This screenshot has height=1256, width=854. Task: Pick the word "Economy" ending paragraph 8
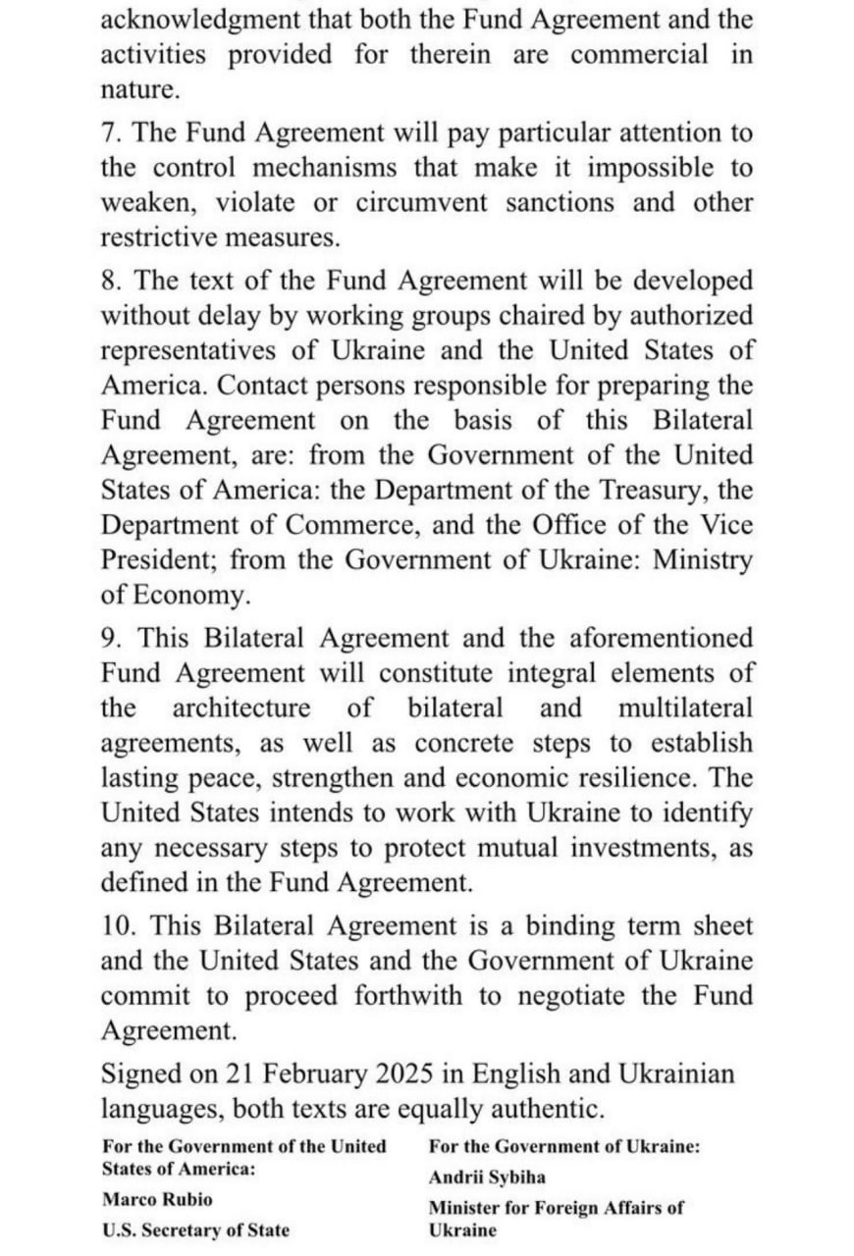[203, 596]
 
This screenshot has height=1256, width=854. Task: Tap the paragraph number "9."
[113, 638]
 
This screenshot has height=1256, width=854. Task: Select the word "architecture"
[241, 708]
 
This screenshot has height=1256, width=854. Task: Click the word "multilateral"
[685, 708]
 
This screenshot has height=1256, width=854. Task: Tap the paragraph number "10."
[120, 925]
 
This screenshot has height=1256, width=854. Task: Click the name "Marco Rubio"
[156, 1200]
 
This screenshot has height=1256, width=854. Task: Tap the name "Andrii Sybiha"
[486, 1177]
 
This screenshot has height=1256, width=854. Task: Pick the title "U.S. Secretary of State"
[195, 1230]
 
